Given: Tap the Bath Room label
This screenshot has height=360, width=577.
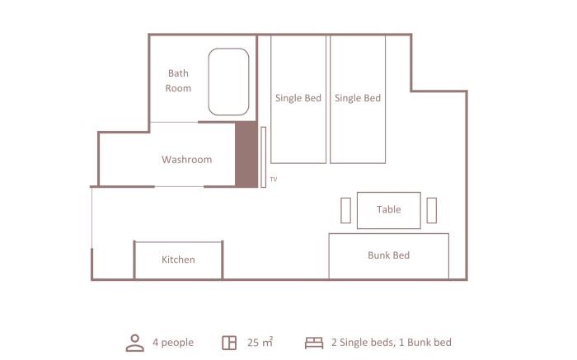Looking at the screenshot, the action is point(178,81).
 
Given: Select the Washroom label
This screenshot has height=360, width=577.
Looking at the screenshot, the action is point(186,160).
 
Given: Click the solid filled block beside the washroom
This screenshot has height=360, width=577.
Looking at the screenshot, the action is point(246,154).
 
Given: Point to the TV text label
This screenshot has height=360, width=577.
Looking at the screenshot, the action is point(274,180).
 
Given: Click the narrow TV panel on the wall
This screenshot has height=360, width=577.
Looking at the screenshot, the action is point(264,157).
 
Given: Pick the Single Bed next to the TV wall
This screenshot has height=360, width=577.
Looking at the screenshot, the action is point(298,99).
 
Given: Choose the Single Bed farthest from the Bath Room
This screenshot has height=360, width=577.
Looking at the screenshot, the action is point(358,99).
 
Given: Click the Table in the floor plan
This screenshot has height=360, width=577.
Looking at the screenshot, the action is point(388,210).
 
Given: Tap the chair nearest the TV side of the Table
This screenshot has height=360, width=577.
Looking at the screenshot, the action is point(345,210).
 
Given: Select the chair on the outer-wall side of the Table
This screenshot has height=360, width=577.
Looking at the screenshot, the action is point(432,210).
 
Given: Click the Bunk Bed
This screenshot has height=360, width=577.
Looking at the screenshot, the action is point(388,256).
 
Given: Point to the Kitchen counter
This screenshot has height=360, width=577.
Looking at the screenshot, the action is point(178,260).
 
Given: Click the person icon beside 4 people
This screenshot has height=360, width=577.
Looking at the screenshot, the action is point(135,343).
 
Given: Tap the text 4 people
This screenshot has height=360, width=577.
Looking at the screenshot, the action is point(173,343).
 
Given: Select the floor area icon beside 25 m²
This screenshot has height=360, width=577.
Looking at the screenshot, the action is point(229,343).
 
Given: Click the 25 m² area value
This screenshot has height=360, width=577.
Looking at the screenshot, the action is point(260,343).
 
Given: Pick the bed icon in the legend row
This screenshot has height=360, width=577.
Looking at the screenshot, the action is point(314,343).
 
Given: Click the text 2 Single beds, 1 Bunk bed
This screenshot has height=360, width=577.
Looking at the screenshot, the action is point(392,343).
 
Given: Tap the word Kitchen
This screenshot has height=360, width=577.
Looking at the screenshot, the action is point(178,259).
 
